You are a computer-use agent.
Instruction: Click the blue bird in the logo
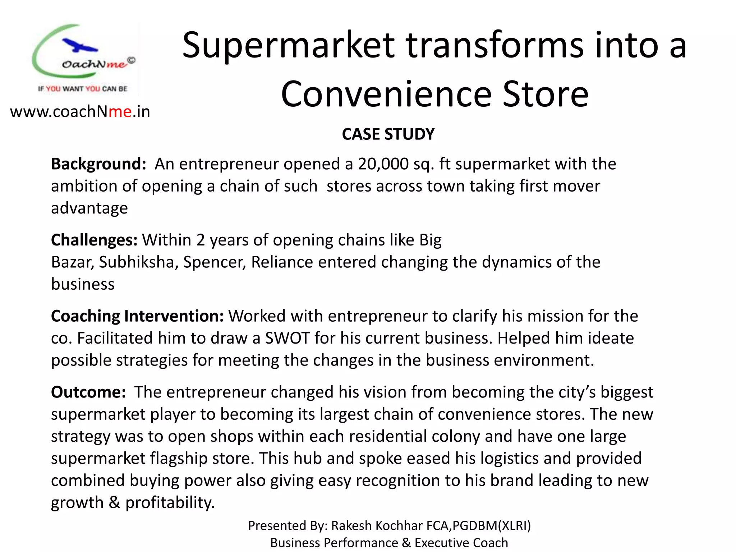[79, 46]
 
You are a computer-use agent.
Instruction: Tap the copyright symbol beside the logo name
[132, 60]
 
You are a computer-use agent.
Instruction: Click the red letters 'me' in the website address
[120, 112]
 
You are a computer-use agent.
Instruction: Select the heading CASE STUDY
[388, 134]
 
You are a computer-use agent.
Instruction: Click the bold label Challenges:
[94, 240]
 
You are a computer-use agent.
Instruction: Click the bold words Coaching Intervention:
[137, 316]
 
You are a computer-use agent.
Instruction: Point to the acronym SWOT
[287, 338]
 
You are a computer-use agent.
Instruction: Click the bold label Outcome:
[88, 392]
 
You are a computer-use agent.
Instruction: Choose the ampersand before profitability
[114, 502]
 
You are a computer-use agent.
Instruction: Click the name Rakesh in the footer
[351, 526]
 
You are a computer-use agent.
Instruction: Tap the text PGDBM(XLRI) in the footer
[491, 526]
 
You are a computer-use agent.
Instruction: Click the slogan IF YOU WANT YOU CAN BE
[83, 89]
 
